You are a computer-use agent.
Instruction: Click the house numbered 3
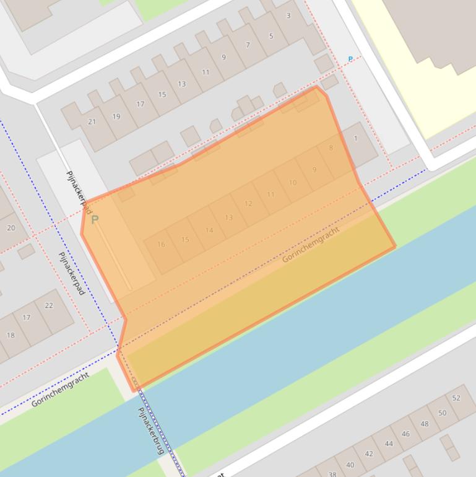288,16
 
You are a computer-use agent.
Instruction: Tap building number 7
248,45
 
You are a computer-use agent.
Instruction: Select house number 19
116,116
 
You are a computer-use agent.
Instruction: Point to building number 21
92,122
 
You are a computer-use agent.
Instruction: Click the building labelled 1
356,139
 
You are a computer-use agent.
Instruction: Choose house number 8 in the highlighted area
331,148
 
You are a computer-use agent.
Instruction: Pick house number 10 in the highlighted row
293,183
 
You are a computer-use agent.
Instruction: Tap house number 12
248,204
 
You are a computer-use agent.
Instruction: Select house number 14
209,230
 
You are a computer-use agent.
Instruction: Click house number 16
161,245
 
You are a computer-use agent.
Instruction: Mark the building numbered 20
11,228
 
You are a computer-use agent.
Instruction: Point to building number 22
49,305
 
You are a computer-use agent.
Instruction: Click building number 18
11,335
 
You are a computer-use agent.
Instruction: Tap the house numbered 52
456,398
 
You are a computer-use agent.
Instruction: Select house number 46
405,434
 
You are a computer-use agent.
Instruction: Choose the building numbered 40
350,465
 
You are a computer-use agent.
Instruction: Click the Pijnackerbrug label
150,431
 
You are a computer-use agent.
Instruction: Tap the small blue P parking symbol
350,59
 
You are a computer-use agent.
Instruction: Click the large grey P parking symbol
95,220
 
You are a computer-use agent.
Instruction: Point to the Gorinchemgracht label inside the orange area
311,244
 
